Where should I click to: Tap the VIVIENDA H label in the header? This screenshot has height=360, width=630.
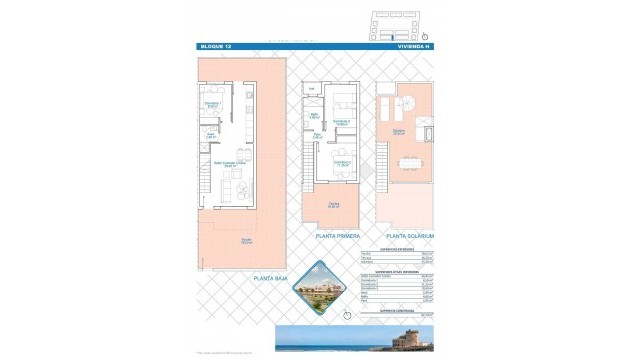pos(413,47)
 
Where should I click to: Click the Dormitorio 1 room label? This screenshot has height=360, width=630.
pos(212,103)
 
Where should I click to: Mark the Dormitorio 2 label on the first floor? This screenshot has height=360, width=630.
pos(342,123)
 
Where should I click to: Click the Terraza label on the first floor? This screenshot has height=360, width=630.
pos(333,206)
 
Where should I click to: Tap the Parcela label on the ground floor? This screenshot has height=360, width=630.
pos(246,240)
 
